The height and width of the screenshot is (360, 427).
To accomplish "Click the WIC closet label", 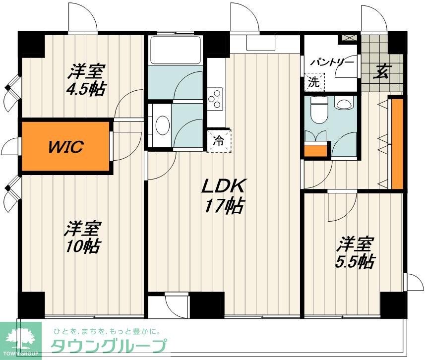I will [65, 147].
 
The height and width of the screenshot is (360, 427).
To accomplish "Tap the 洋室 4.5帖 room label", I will [86, 80].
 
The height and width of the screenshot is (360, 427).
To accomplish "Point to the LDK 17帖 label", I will [223, 195].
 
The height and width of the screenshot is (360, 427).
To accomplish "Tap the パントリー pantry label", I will [332, 63].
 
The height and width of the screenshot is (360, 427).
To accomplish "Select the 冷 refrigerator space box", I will [219, 140].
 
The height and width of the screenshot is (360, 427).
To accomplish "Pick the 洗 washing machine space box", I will [314, 82].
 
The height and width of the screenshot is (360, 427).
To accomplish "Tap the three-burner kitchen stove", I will [216, 97].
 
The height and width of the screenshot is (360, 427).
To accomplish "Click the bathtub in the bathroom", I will [175, 50].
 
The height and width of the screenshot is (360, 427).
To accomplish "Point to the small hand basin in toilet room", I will [342, 104].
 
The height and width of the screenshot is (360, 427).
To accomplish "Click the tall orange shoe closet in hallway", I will [397, 144].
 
